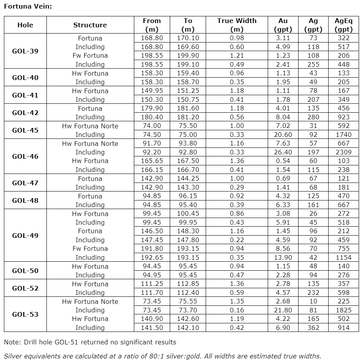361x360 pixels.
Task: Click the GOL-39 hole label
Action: pos(25,51)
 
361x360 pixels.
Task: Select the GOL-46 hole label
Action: pos(25,156)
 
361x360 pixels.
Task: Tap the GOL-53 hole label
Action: pos(25,314)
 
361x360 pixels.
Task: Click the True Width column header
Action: pos(237,25)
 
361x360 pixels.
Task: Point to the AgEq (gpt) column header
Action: pos(343,25)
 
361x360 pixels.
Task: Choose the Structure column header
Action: pos(90,25)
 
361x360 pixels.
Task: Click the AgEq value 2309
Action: pos(343,152)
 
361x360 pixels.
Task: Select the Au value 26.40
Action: pos(283,152)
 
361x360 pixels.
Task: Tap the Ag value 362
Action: pos(313,328)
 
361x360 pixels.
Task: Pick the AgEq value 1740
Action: pos(343,135)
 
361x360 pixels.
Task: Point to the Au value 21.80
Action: pos(283,310)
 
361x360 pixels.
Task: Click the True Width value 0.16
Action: pos(237,310)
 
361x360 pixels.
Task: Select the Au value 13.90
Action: pos(283,257)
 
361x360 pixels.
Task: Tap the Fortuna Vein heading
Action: pos(28,6)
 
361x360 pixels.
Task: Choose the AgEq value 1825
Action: pos(343,310)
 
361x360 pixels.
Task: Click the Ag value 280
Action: pos(313,117)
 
